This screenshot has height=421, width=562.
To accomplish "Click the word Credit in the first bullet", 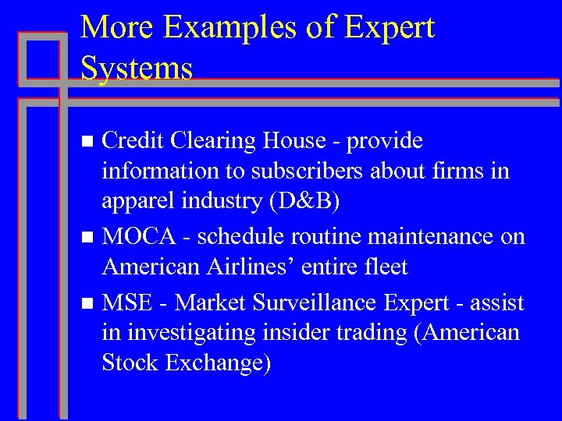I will pyautogui.click(x=133, y=140).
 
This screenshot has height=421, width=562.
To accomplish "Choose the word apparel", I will pyautogui.click(x=134, y=202).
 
